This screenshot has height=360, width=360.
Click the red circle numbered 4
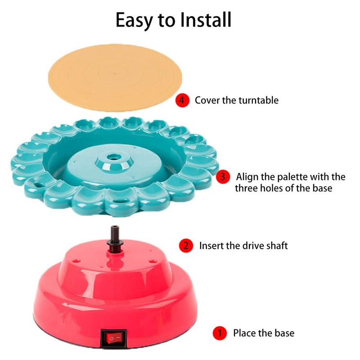182,100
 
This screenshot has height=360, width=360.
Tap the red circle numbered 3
223,177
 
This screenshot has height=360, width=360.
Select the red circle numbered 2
186,246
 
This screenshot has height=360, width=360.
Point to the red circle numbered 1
220,333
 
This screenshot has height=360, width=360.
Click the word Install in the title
206,20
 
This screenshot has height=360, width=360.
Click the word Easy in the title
134,21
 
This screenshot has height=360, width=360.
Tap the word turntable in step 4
258,100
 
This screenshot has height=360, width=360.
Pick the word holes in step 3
273,188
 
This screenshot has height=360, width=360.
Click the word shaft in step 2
277,245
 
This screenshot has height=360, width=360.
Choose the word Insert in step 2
211,246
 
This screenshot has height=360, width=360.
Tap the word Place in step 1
244,333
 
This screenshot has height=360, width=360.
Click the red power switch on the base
114,338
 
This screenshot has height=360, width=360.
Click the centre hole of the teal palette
114,157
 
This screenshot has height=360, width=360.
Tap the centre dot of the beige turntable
115,73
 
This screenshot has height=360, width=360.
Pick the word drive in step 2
254,245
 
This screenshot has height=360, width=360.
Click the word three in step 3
247,188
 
